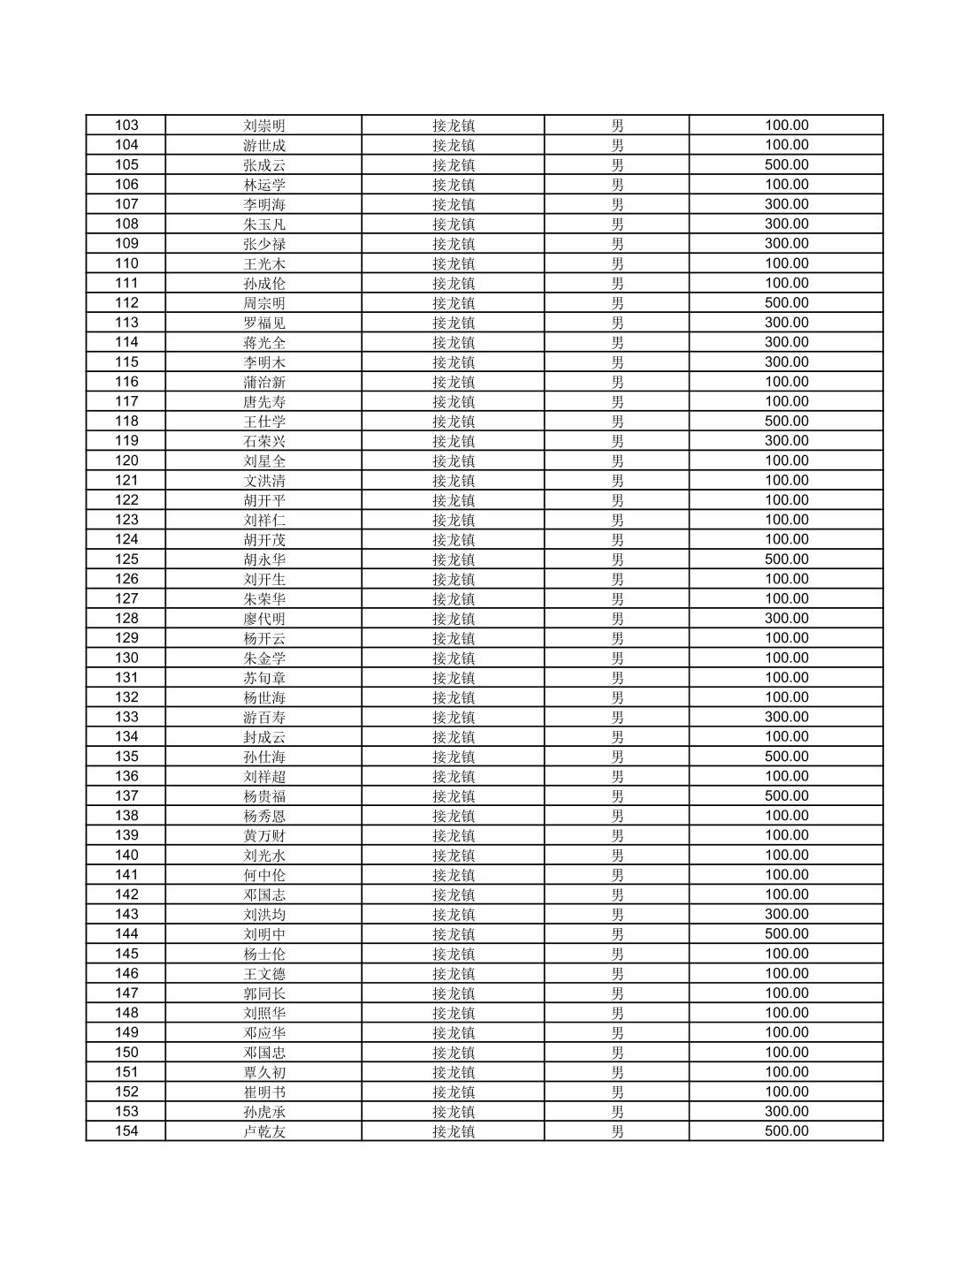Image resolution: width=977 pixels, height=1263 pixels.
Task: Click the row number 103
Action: pyautogui.click(x=126, y=126)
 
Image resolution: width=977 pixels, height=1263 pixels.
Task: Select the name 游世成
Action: pyautogui.click(x=264, y=145)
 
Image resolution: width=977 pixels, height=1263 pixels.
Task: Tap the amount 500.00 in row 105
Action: pyautogui.click(x=786, y=164)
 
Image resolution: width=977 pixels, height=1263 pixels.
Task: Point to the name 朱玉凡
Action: pyautogui.click(x=264, y=224)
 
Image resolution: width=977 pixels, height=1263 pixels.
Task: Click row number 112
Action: pyautogui.click(x=126, y=303)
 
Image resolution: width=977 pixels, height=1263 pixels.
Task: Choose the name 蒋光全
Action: pyautogui.click(x=264, y=342)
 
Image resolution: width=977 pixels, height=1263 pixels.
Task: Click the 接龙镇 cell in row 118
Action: pyautogui.click(x=453, y=422)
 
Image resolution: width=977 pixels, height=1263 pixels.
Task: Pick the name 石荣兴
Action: pyautogui.click(x=264, y=441)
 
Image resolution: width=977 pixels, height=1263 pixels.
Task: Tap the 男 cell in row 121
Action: pyautogui.click(x=617, y=481)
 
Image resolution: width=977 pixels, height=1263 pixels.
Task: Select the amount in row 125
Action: pyautogui.click(x=786, y=559)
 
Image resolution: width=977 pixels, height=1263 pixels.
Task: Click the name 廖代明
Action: pyautogui.click(x=264, y=619)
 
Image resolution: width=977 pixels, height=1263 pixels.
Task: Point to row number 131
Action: pyautogui.click(x=126, y=678)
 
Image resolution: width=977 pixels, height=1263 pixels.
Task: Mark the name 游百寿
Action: pyautogui.click(x=264, y=717)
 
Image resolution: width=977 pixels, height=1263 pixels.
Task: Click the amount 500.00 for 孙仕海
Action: pyautogui.click(x=786, y=757)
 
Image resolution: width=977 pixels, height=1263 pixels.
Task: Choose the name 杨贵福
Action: pyautogui.click(x=264, y=796)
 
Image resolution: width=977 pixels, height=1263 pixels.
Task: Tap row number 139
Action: pyautogui.click(x=126, y=835)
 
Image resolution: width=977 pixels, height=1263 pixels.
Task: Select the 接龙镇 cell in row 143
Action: pyautogui.click(x=453, y=915)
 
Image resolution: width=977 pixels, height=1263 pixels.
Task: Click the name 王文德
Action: pyautogui.click(x=264, y=974)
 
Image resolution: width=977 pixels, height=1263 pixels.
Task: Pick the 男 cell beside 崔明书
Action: pyautogui.click(x=617, y=1092)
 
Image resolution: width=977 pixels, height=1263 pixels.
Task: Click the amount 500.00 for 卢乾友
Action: pyautogui.click(x=786, y=1131)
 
